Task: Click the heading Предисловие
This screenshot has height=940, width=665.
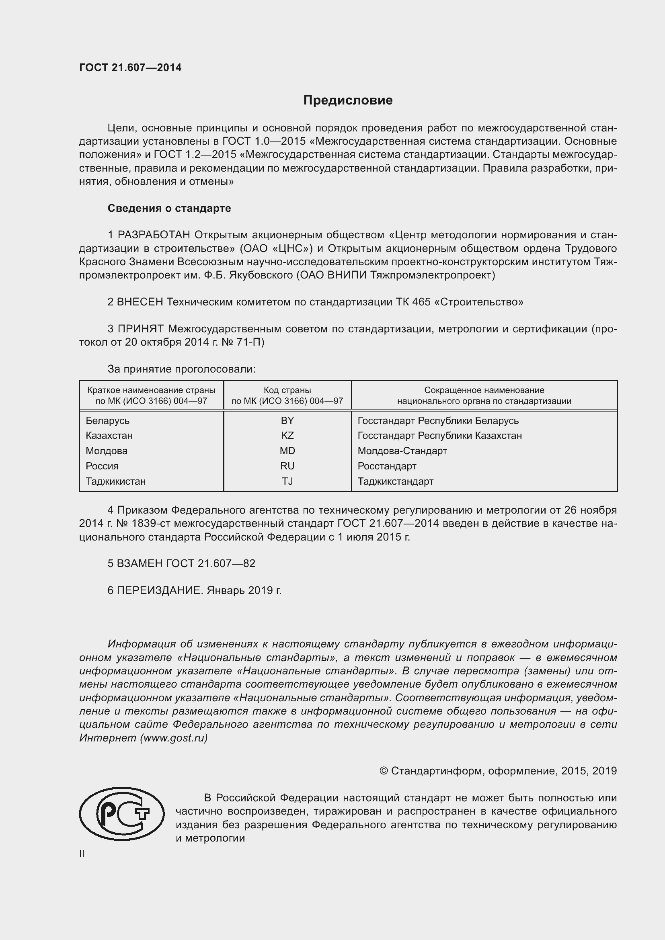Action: click(348, 100)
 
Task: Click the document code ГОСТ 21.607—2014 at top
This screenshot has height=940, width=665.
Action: click(130, 68)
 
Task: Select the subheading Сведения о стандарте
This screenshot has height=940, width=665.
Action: click(169, 209)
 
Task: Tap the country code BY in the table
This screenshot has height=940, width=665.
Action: click(287, 420)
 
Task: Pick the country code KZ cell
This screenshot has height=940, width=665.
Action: click(287, 435)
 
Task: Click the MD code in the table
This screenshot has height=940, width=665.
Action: click(287, 451)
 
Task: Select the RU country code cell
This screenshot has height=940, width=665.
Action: click(287, 466)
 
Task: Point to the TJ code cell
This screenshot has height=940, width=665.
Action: click(287, 481)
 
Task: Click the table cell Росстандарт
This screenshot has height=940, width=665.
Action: click(386, 466)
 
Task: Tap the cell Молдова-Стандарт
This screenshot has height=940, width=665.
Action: click(402, 451)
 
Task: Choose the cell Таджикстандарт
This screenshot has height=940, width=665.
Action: click(395, 481)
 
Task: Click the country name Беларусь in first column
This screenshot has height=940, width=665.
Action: click(107, 420)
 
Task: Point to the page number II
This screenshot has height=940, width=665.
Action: click(82, 854)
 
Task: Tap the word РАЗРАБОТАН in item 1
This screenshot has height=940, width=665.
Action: click(154, 235)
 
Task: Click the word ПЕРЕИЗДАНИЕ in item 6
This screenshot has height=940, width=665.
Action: click(160, 590)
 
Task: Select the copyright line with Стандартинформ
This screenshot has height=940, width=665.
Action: click(498, 771)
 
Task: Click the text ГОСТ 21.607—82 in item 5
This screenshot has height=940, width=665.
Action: click(210, 563)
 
